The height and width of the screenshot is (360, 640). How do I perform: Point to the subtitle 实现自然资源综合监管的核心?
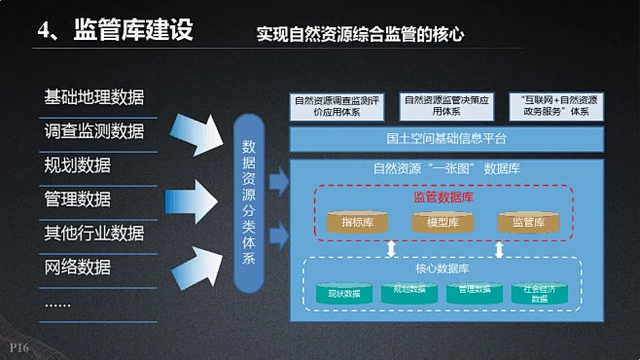(x=360, y=34)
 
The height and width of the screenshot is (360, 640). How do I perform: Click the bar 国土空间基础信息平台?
(x=446, y=138)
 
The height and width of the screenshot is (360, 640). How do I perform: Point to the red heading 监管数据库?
(x=443, y=197)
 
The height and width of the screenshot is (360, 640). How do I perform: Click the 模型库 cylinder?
(x=443, y=223)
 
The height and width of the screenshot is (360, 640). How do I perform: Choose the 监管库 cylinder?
(x=528, y=223)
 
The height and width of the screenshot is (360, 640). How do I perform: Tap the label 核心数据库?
(x=443, y=269)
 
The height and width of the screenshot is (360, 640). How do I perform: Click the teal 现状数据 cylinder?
(x=344, y=293)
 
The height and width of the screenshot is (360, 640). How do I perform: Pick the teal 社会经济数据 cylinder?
(x=539, y=293)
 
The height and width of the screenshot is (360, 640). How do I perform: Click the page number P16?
(x=19, y=347)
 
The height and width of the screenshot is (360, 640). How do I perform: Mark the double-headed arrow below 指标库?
(x=392, y=249)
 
